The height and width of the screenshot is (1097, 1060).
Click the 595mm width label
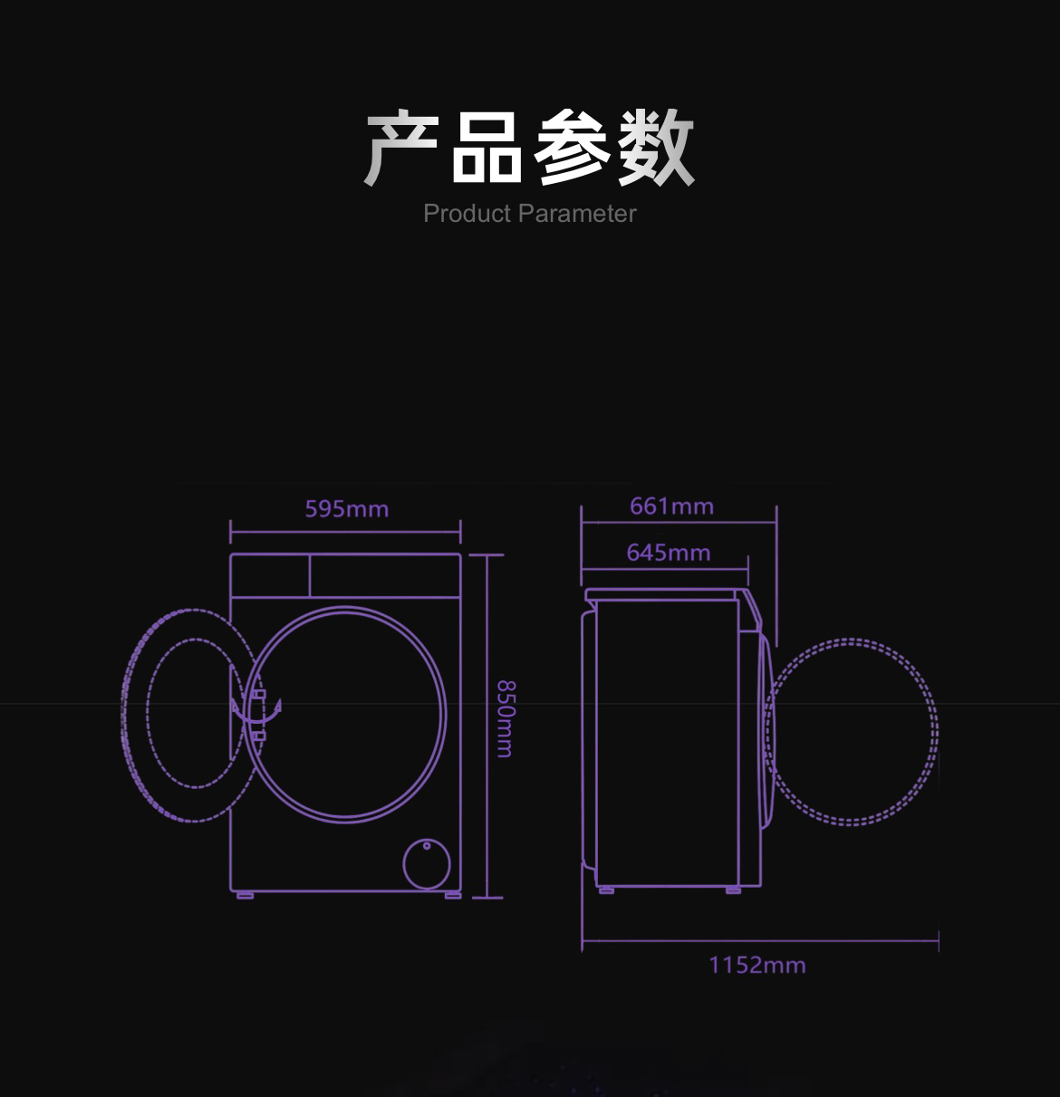pos(346,509)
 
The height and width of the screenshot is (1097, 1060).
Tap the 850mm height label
pos(505,718)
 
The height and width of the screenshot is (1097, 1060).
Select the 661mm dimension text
pos(671,505)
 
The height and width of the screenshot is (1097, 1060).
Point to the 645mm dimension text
pos(668,552)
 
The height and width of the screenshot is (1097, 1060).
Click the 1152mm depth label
pos(756,965)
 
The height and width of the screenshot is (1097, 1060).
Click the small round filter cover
pos(427,864)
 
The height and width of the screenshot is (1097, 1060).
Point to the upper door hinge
pos(259,694)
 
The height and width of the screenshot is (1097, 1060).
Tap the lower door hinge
pos(259,736)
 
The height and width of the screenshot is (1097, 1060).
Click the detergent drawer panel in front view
pos(270,575)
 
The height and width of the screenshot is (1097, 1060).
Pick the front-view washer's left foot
pos(245,895)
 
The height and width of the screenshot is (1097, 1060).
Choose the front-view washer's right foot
pos(452,895)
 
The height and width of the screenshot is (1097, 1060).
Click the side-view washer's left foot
pos(606,890)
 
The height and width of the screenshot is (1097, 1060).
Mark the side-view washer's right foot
pos(733,890)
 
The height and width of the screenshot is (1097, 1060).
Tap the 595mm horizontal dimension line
pos(345,532)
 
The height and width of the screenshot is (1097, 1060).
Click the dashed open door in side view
pos(852,732)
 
